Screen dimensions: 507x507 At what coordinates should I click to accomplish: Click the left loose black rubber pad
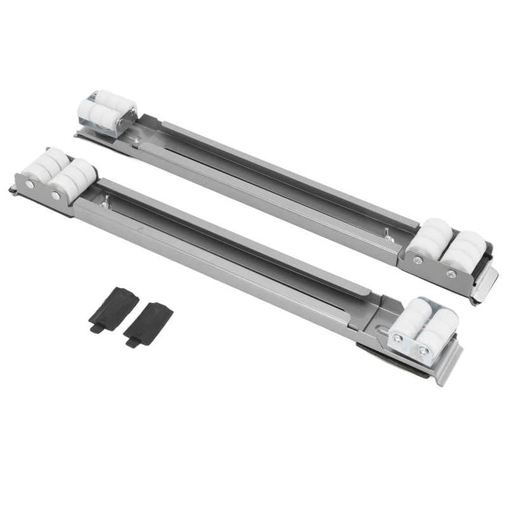114,307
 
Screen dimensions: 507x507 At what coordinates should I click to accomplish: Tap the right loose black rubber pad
150,321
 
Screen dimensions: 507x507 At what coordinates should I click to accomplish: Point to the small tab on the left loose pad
96,328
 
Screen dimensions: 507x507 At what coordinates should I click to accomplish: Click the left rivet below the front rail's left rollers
29,184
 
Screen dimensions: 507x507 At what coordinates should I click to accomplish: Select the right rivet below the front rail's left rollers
57,196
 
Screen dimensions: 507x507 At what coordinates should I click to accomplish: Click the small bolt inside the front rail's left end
105,203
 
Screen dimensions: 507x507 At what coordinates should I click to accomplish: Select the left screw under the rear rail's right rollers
418,260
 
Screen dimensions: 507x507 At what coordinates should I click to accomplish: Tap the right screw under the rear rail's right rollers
451,274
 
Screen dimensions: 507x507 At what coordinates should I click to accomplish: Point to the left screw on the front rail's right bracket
397,338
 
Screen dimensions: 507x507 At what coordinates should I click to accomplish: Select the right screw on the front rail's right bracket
423,350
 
